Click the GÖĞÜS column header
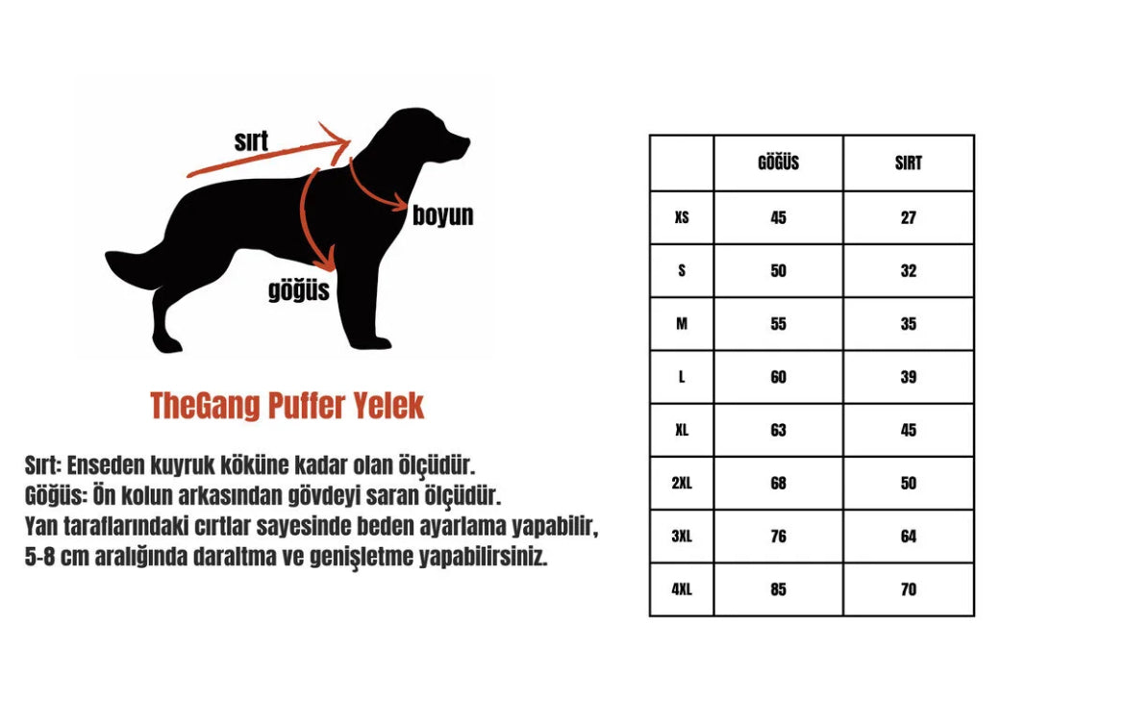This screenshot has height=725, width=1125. [x=778, y=162]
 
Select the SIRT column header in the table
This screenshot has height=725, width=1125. [x=908, y=163]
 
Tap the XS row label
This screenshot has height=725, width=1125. [x=682, y=217]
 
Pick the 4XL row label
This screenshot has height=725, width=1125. [x=682, y=589]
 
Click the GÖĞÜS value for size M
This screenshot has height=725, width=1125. [x=778, y=324]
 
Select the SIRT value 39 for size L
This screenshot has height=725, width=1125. [x=909, y=377]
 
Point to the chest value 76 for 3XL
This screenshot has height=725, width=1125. [x=778, y=537]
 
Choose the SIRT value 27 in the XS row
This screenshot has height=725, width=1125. [x=909, y=217]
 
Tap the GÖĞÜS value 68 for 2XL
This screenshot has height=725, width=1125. [x=778, y=483]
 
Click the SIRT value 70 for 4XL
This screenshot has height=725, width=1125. [x=909, y=589]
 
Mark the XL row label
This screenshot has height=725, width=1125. [x=682, y=430]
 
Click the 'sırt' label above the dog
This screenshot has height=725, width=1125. [x=251, y=141]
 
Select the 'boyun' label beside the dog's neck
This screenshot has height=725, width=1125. [x=442, y=215]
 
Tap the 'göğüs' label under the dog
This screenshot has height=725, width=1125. [x=298, y=290]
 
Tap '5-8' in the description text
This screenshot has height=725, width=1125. [x=40, y=557]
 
